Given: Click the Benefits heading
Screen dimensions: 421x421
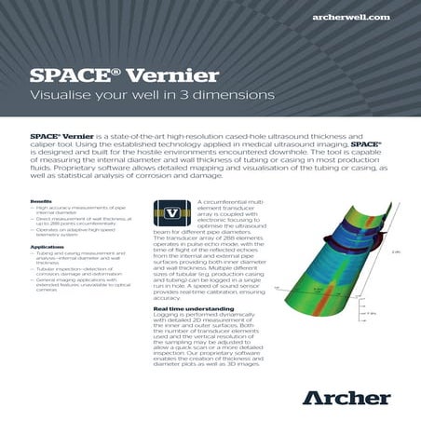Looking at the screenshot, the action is (41, 201).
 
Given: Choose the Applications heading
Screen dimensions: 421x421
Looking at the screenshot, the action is (47, 247).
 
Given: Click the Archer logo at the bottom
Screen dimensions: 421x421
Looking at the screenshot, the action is (346, 398).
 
